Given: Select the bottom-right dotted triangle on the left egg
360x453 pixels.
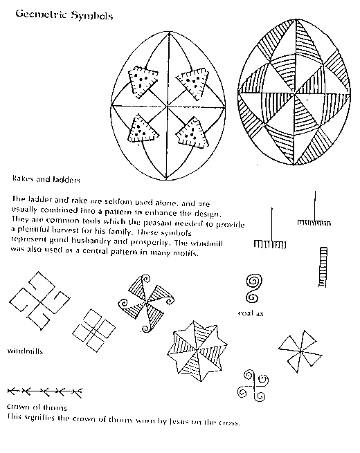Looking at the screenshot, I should tap(190, 131).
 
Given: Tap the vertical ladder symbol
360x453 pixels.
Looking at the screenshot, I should tap(323, 267).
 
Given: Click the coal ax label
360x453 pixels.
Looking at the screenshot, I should tap(251, 313).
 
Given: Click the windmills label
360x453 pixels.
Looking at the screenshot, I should tap(26, 351).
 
